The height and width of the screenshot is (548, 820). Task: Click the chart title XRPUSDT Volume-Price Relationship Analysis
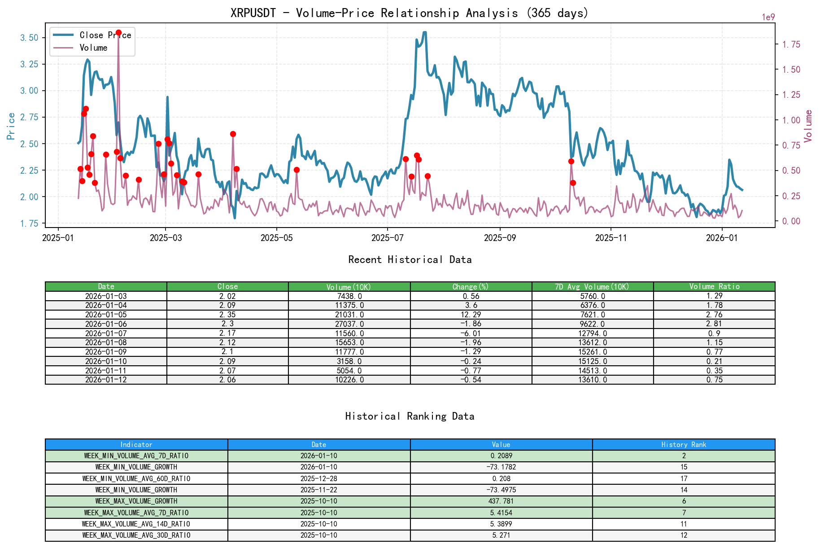pyautogui.click(x=409, y=13)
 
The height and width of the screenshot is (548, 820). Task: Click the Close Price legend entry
pyautogui.click(x=105, y=35)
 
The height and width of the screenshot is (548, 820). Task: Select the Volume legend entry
pyautogui.click(x=93, y=48)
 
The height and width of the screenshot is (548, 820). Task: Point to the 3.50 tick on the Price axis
pyautogui.click(x=30, y=38)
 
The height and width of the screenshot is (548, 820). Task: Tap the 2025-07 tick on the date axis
pyautogui.click(x=387, y=238)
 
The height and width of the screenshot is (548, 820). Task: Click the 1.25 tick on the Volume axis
pyautogui.click(x=791, y=95)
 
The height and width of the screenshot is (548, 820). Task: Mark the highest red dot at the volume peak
pyautogui.click(x=118, y=33)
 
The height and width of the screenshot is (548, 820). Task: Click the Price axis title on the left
pyautogui.click(x=11, y=126)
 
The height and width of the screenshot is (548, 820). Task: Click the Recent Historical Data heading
pyautogui.click(x=410, y=259)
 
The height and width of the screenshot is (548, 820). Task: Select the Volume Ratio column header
pyautogui.click(x=714, y=286)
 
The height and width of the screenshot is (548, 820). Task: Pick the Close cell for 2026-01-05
pyautogui.click(x=227, y=315)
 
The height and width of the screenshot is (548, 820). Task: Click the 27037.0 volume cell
pyautogui.click(x=349, y=324)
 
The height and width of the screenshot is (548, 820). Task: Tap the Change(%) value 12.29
pyautogui.click(x=471, y=315)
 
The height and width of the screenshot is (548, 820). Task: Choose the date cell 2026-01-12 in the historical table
pyautogui.click(x=106, y=380)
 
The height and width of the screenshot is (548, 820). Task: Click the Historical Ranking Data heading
pyautogui.click(x=410, y=416)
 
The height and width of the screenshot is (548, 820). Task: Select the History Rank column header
pyautogui.click(x=684, y=444)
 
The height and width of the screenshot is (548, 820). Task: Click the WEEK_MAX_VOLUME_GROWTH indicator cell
pyautogui.click(x=136, y=501)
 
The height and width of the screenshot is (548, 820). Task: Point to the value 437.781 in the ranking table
pyautogui.click(x=501, y=501)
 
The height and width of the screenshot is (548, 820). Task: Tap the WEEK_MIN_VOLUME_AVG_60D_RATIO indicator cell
pyautogui.click(x=136, y=478)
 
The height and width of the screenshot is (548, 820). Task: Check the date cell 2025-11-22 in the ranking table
pyautogui.click(x=318, y=490)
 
